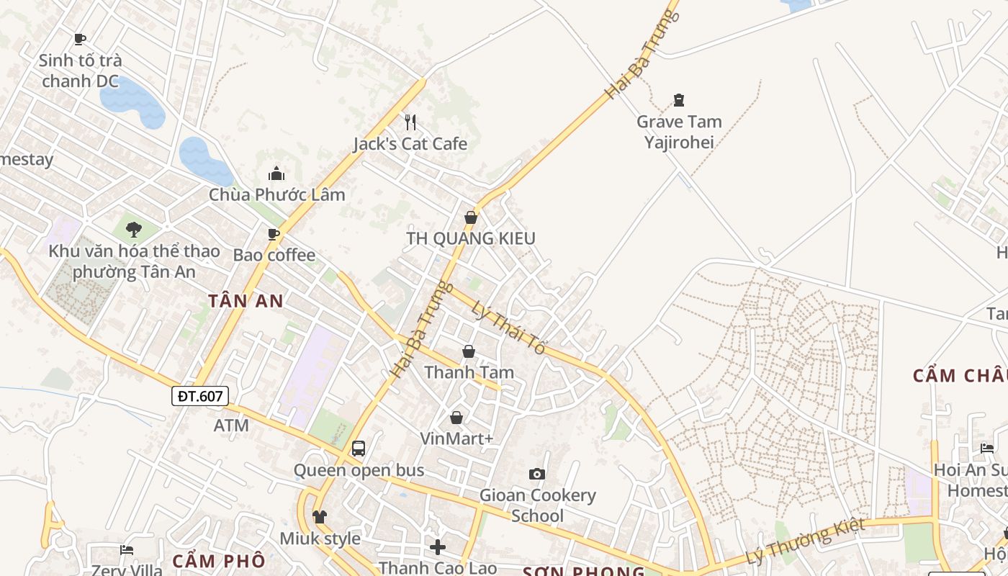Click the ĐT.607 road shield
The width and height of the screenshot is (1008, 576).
(x=200, y=395)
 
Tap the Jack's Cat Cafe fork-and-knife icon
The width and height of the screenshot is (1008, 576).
(x=410, y=122)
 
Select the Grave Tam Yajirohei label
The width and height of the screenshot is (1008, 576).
(x=679, y=132)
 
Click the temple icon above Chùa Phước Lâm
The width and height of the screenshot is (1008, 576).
(x=276, y=174)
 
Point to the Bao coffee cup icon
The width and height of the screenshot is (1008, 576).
(x=274, y=234)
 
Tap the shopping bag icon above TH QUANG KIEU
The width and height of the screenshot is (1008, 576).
(x=471, y=217)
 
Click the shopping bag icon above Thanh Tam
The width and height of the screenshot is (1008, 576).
(x=469, y=351)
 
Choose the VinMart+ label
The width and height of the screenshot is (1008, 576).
(x=456, y=438)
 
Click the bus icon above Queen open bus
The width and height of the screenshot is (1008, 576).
(x=359, y=449)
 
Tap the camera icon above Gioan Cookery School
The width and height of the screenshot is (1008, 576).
(x=537, y=474)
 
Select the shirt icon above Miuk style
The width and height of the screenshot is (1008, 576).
(x=320, y=517)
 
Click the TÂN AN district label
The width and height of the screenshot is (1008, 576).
(x=246, y=301)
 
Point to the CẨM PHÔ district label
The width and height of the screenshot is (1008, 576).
(x=219, y=560)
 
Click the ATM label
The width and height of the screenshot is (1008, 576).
(x=231, y=426)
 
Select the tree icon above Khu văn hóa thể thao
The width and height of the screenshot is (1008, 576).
(x=133, y=230)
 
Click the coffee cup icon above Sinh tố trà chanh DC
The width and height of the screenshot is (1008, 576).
(x=80, y=39)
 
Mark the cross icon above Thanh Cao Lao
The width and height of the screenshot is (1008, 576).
(x=438, y=547)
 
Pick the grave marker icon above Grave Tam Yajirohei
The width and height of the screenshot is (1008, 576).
(x=678, y=100)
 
